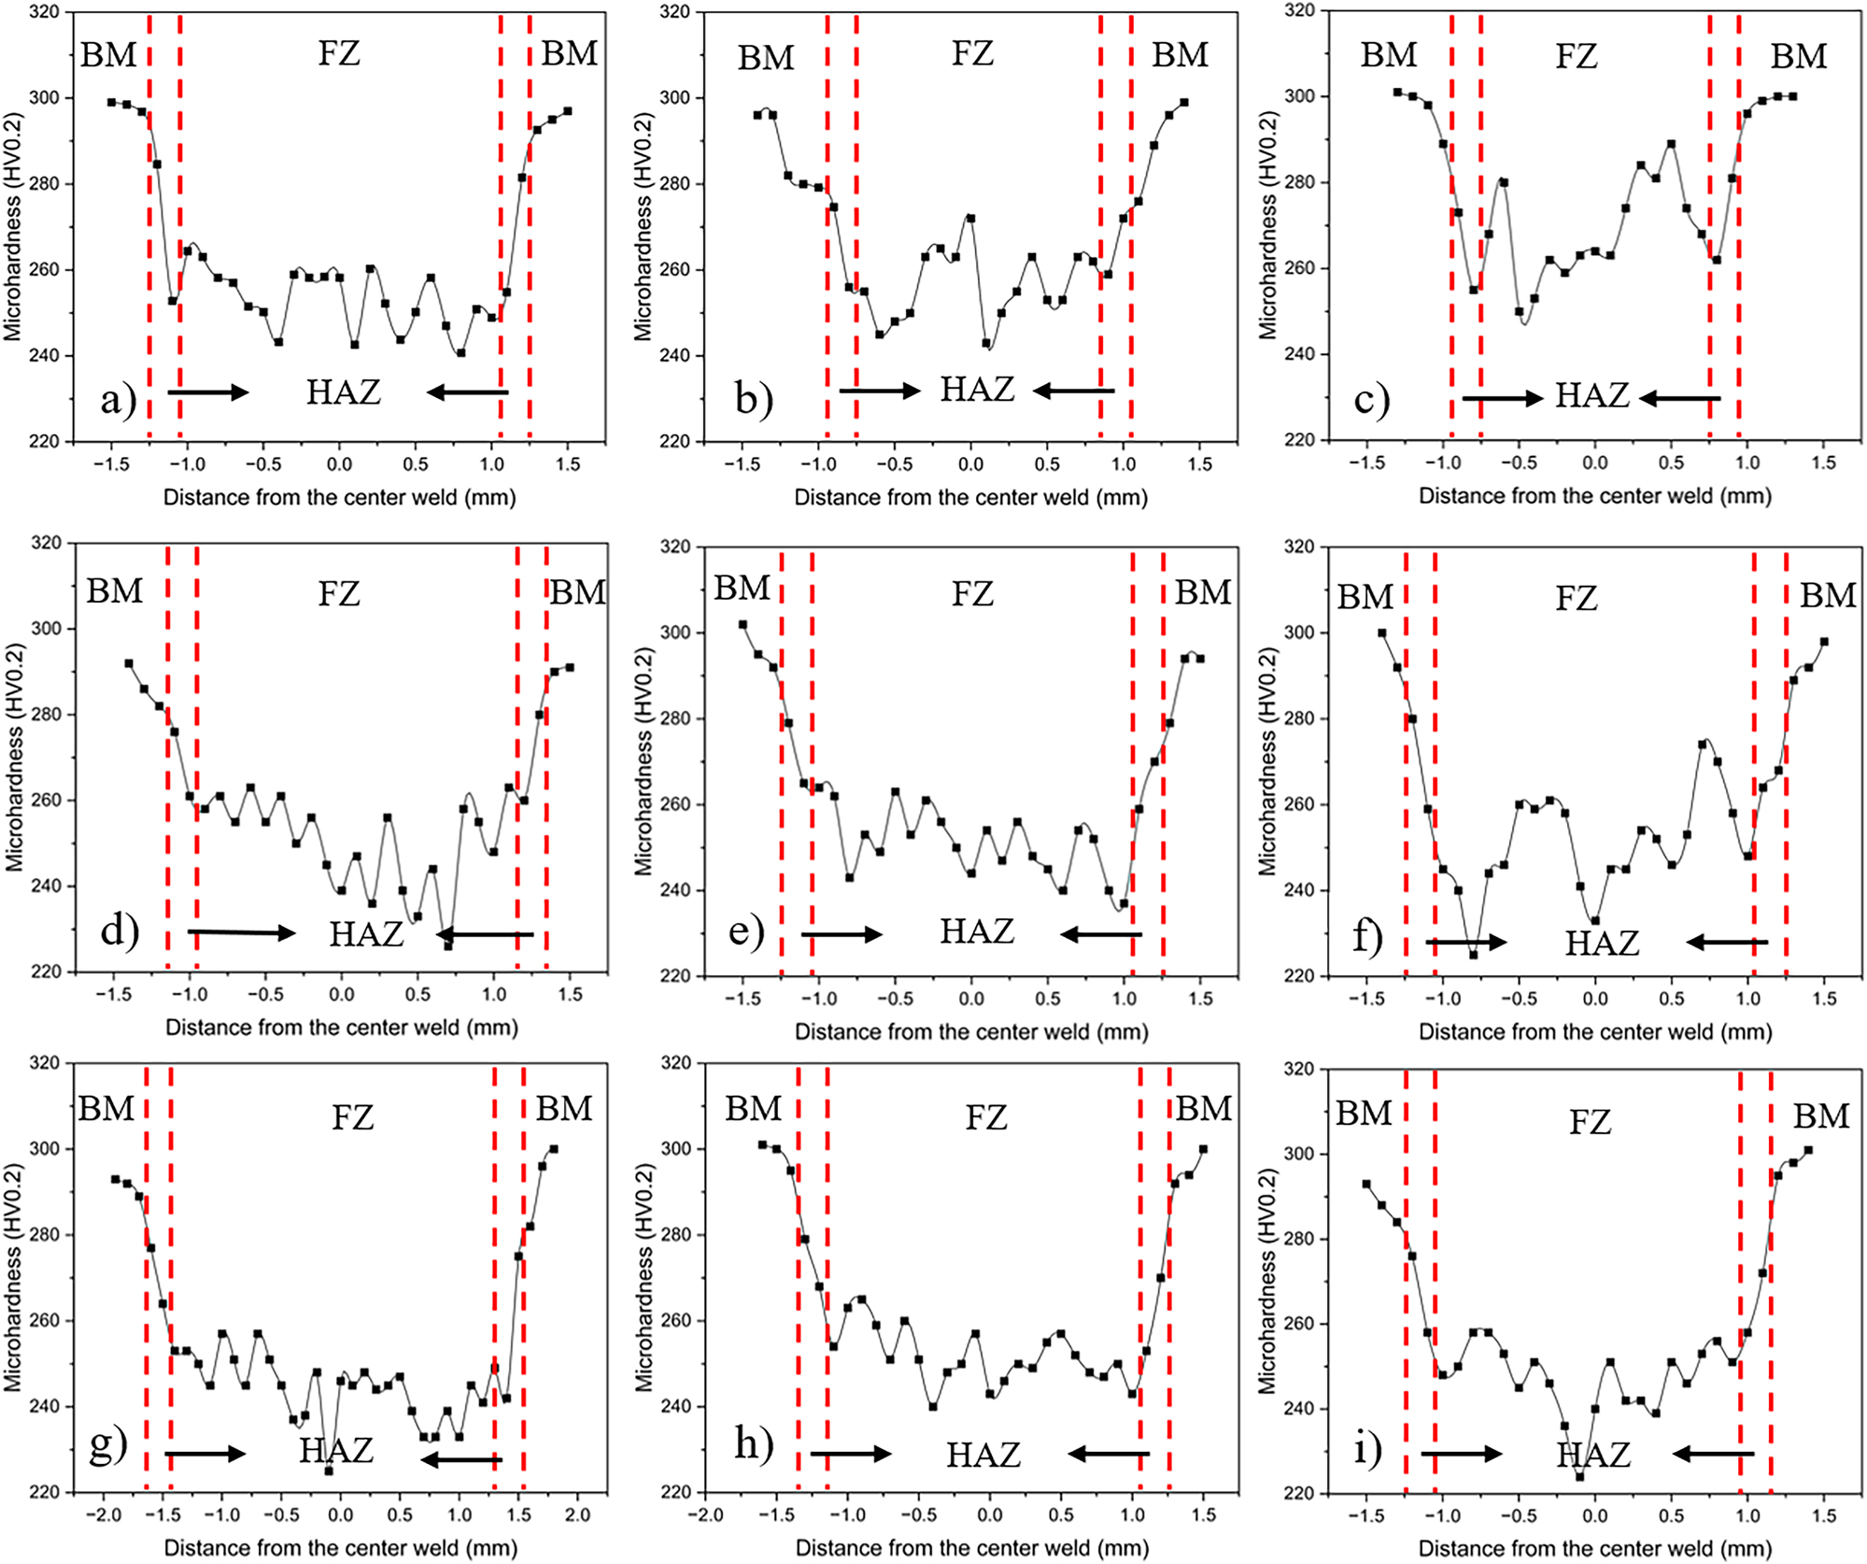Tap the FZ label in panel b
[x=972, y=53]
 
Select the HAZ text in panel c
[x=1591, y=396]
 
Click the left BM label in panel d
[x=114, y=591]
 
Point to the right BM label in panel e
[x=1203, y=592]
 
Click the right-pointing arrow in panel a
[x=208, y=392]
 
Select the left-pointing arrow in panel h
[x=1109, y=1453]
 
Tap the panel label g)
[x=107, y=1445]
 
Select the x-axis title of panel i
[x=1595, y=1548]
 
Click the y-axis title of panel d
[x=14, y=757]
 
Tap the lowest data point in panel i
[x=1579, y=1477]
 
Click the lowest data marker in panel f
[x=1473, y=955]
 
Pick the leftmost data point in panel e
[x=743, y=624]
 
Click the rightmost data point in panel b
[x=1184, y=103]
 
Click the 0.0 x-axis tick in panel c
[x=1594, y=462]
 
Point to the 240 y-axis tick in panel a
[x=48, y=356]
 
